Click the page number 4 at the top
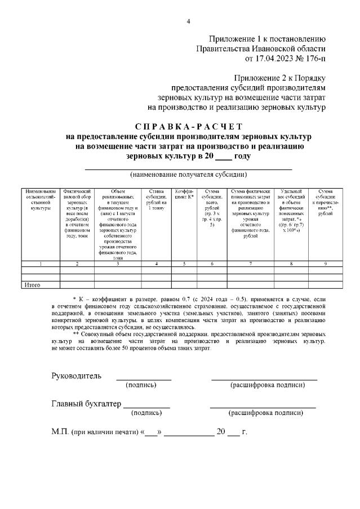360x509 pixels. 189,22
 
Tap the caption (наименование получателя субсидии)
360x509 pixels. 188,174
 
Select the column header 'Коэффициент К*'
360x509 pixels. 184,194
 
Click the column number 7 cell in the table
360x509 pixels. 250,264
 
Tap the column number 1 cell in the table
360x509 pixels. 41,264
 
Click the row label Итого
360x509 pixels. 32,285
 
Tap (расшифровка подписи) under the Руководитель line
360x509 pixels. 268,385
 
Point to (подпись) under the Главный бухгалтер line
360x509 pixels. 146,413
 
